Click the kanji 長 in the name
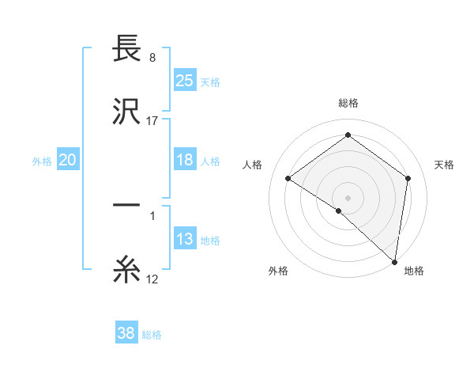click(126, 49)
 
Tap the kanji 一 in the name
click(126, 206)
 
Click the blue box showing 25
click(184, 80)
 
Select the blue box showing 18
click(184, 160)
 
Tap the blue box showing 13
click(184, 239)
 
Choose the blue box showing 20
click(67, 160)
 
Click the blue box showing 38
click(126, 333)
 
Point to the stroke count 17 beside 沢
click(152, 121)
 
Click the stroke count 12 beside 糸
click(152, 279)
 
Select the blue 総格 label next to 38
click(152, 335)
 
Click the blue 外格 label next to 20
click(42, 161)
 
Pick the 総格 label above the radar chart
click(348, 103)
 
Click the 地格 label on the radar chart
click(414, 271)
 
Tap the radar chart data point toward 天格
click(408, 178)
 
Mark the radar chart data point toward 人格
click(288, 178)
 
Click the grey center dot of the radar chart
click(348, 197)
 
